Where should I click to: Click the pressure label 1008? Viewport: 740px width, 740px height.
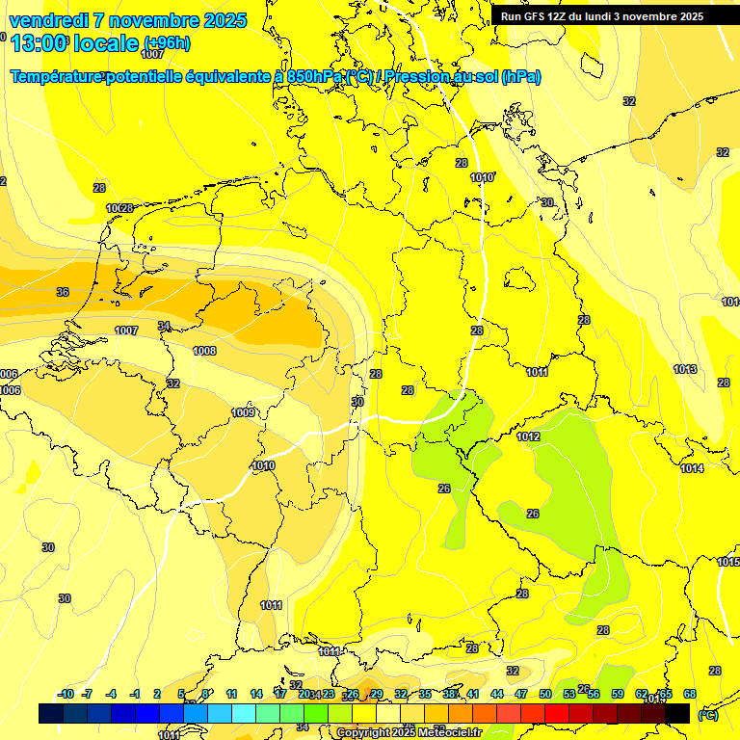pyautogui.click(x=204, y=352)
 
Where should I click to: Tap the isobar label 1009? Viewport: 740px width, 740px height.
pyautogui.click(x=244, y=413)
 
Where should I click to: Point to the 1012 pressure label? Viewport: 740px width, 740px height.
pyautogui.click(x=528, y=437)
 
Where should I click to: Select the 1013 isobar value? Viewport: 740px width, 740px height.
pyautogui.click(x=685, y=369)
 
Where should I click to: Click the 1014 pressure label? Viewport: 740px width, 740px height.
pyautogui.click(x=692, y=469)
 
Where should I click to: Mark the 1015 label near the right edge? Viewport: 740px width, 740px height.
pyautogui.click(x=727, y=562)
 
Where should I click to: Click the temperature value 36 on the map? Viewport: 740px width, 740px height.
pyautogui.click(x=63, y=292)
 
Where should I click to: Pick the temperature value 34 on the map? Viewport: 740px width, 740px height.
pyautogui.click(x=164, y=326)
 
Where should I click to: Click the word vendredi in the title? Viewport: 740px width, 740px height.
pyautogui.click(x=47, y=20)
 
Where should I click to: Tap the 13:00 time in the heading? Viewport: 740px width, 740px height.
pyautogui.click(x=40, y=43)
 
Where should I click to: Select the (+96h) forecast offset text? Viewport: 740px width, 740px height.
pyautogui.click(x=167, y=43)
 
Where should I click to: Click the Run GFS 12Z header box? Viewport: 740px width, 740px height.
pyautogui.click(x=601, y=16)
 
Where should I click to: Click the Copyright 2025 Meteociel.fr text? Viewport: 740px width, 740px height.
pyautogui.click(x=409, y=733)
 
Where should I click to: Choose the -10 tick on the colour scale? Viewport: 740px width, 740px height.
pyautogui.click(x=66, y=694)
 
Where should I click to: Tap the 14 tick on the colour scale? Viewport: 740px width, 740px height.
pyautogui.click(x=256, y=694)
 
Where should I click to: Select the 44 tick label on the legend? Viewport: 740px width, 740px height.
pyautogui.click(x=497, y=694)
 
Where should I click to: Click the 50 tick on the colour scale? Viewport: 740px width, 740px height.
pyautogui.click(x=545, y=694)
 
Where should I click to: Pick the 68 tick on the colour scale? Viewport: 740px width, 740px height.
pyautogui.click(x=690, y=694)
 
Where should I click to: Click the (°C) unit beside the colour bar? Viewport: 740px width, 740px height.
pyautogui.click(x=707, y=715)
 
